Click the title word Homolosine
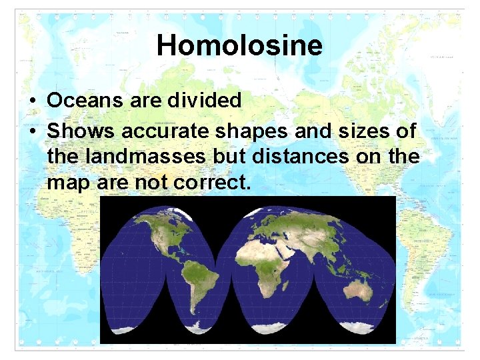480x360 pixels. click(x=239, y=45)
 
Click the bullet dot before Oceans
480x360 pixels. click(x=32, y=101)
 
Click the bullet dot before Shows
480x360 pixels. click(x=32, y=132)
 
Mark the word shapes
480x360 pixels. click(x=252, y=131)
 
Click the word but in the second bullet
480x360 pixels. click(x=245, y=156)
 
